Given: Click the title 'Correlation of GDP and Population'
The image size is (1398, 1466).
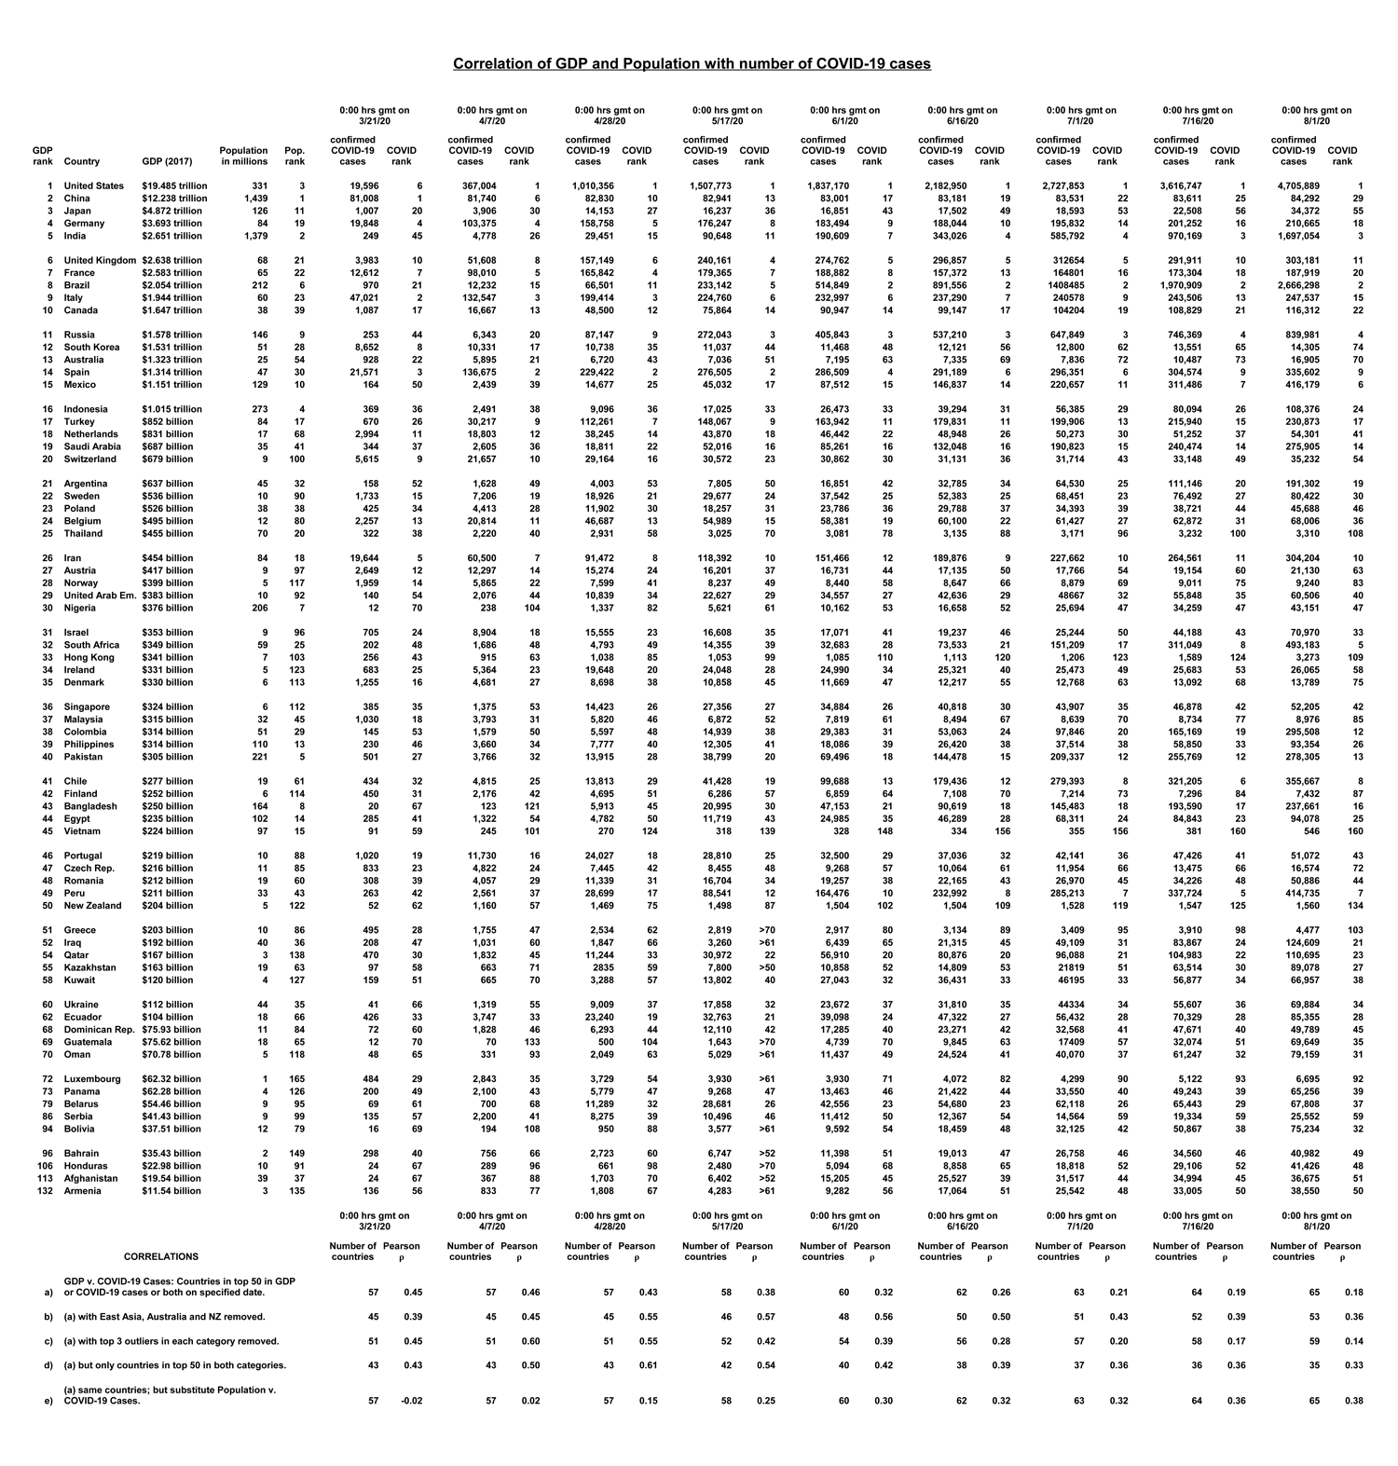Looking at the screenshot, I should [692, 64].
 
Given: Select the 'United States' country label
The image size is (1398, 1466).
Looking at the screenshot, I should [93, 186].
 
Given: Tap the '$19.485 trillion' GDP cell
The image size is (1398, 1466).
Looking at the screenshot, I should [174, 186].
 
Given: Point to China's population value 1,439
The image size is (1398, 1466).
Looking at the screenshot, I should [254, 199].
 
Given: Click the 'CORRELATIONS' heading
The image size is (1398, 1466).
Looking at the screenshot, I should [161, 1257].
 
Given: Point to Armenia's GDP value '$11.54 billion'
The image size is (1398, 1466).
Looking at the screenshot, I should [171, 1191].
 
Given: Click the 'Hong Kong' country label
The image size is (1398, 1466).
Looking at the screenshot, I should [89, 657].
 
